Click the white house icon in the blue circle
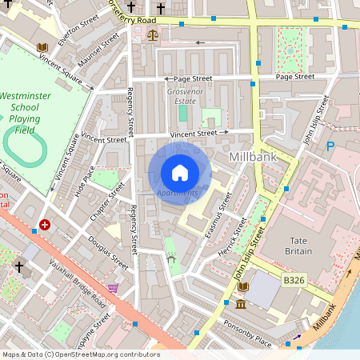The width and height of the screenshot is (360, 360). tap(179, 172)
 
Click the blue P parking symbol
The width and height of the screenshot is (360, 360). tap(330, 146)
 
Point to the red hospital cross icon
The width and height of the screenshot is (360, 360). tap(45, 225)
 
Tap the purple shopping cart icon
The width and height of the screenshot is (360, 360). tap(114, 287)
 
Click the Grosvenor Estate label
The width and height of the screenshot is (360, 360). tap(181, 97)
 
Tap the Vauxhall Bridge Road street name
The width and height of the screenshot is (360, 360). tap(77, 283)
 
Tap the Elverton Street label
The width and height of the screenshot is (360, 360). tap(78, 30)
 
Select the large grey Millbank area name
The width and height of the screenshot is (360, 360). tap(252, 157)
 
